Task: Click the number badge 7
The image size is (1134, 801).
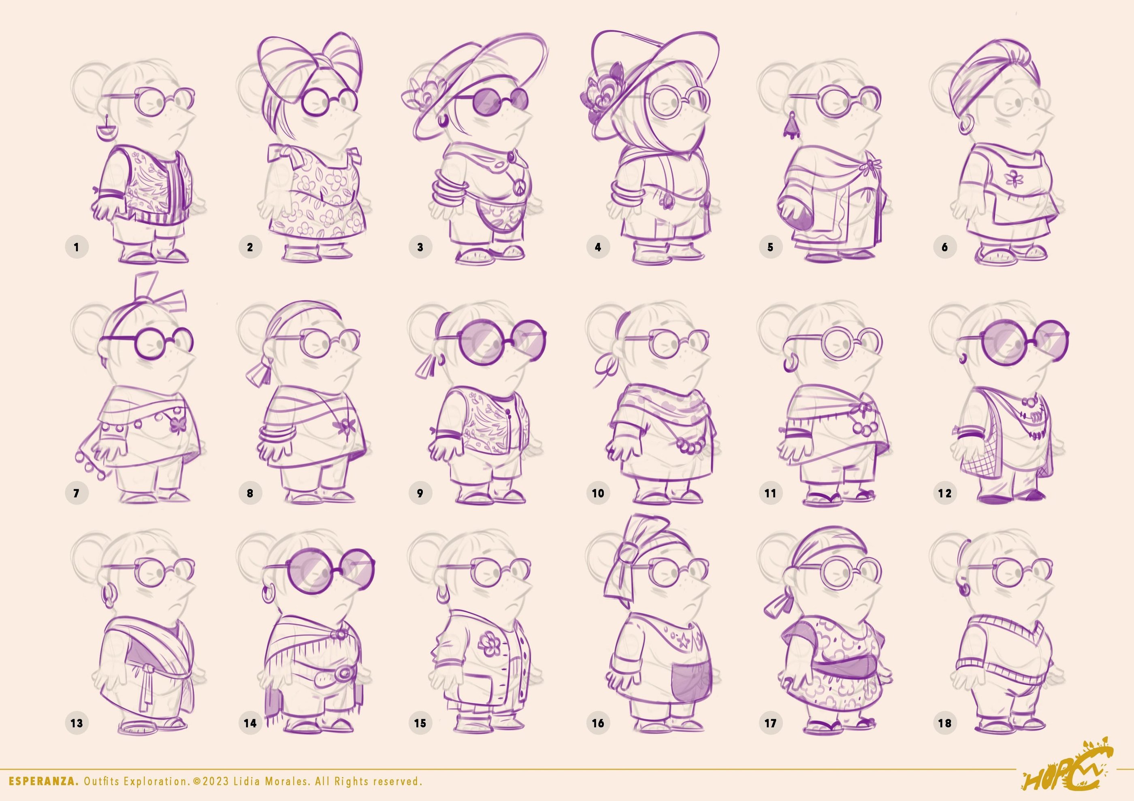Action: (77, 493)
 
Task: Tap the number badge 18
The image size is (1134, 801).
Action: (944, 723)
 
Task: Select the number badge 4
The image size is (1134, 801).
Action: (598, 247)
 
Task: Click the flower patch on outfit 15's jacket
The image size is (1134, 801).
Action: (490, 643)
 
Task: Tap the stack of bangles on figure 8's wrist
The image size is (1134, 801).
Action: (277, 435)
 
